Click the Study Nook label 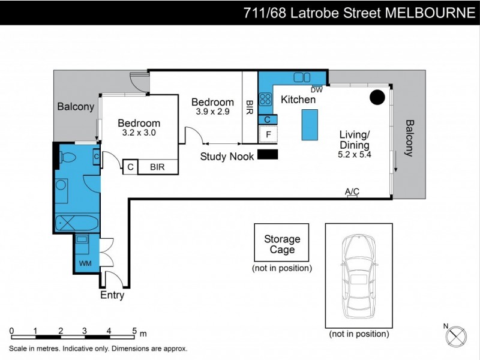pos(227,157)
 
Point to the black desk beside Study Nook pos(268,155)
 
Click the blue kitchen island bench pos(308,124)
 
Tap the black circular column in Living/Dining pos(377,97)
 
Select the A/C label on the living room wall pos(352,191)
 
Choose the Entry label pos(112,295)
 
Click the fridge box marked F pos(268,135)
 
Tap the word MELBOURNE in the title pos(433,13)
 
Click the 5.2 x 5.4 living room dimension pos(355,154)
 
